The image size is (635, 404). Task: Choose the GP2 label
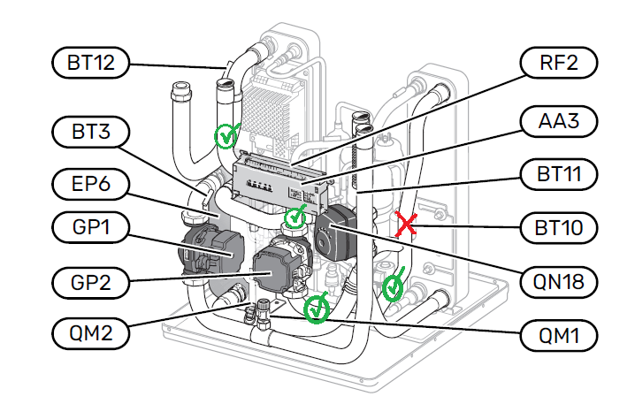point(89,284)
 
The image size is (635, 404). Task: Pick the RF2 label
point(556,62)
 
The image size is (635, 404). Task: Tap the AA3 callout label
point(556,121)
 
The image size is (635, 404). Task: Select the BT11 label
point(556,172)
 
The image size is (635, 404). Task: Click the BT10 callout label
point(556,227)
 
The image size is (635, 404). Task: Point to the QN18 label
point(556,282)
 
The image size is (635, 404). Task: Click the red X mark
point(406,225)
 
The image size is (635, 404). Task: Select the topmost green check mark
point(226,135)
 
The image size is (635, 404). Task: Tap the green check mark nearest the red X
point(393,285)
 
